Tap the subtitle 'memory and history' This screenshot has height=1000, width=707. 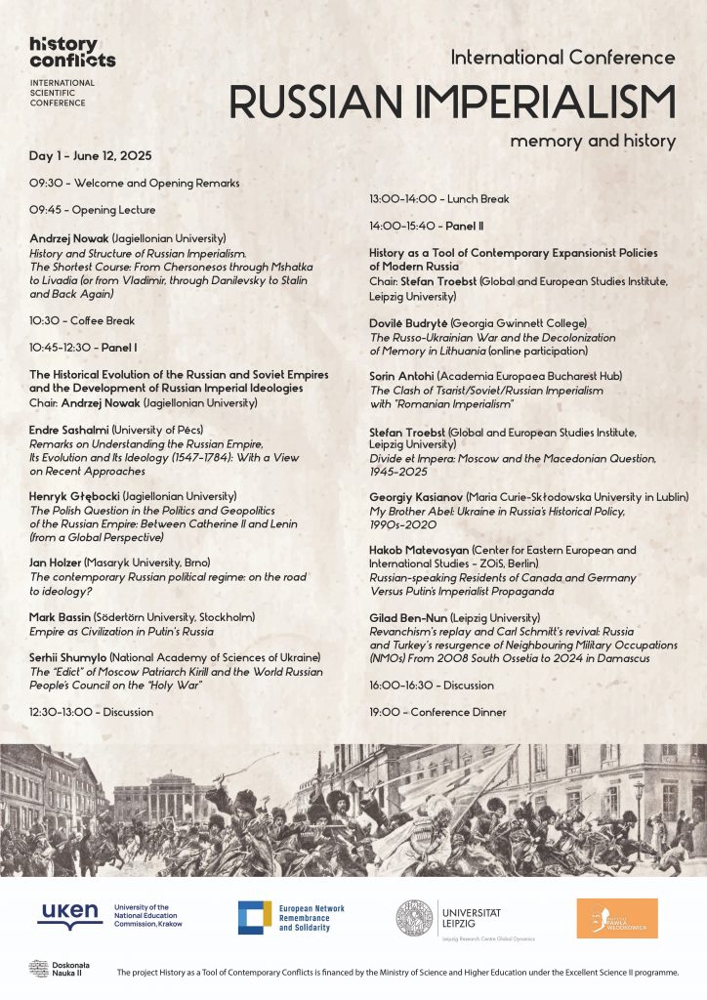[x=592, y=141]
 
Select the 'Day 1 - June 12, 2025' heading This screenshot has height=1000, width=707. [x=91, y=156]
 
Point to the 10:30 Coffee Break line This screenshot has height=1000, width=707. [x=82, y=320]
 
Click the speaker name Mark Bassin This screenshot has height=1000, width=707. [x=62, y=616]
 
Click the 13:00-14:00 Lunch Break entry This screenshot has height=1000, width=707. [x=438, y=199]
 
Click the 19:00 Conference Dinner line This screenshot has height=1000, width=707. [x=437, y=712]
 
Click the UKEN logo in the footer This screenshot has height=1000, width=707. [x=68, y=916]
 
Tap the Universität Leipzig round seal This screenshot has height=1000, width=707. [x=414, y=918]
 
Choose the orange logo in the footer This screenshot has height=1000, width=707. [x=616, y=918]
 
